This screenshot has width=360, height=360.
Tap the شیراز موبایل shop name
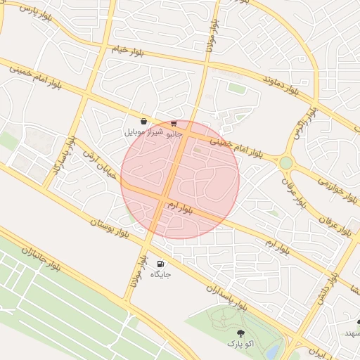pyautogui.click(x=143, y=131)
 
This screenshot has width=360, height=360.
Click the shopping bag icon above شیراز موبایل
pyautogui.click(x=143, y=121)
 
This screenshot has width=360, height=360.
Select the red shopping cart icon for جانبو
pyautogui.click(x=173, y=123)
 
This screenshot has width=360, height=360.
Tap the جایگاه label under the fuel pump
pyautogui.click(x=161, y=274)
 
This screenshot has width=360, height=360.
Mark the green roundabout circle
pyautogui.click(x=285, y=163)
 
